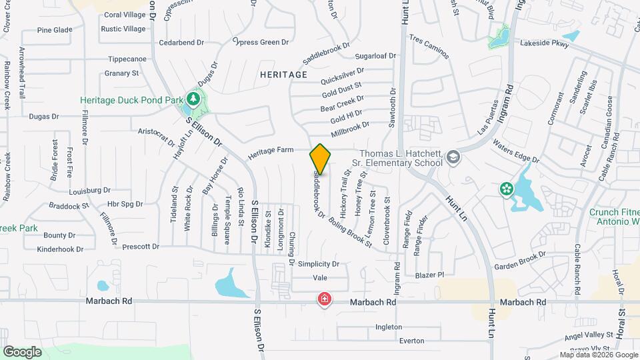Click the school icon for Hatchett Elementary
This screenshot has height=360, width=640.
(x=454, y=157)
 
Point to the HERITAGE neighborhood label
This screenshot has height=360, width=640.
(x=284, y=75)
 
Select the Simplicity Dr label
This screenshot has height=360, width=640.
(x=319, y=264)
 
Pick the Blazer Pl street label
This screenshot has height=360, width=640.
(x=429, y=275)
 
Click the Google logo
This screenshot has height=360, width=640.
(x=23, y=351)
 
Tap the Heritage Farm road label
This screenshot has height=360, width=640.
(x=271, y=153)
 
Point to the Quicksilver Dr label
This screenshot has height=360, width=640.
(x=342, y=76)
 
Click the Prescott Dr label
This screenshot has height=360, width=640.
(x=141, y=247)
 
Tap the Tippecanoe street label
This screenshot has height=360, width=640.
(x=127, y=58)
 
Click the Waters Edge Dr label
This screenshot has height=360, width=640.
(x=515, y=151)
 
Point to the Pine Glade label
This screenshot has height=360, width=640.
(x=55, y=30)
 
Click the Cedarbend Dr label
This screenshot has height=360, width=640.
(x=181, y=43)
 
